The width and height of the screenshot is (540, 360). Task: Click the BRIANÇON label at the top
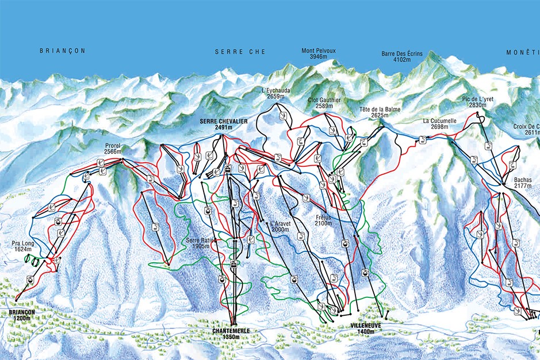[62, 51]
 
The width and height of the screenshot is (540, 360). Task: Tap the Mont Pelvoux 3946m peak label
[318, 54]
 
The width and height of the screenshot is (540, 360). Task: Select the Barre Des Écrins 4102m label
[401, 56]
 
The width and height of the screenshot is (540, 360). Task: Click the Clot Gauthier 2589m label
[324, 103]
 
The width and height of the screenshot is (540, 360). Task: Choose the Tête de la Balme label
[379, 112]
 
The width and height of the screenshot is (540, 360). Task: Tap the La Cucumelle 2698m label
[439, 124]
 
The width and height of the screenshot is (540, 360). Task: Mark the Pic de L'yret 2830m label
[478, 102]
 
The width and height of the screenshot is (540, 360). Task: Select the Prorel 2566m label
[113, 149]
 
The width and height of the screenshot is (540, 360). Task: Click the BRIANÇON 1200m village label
[22, 315]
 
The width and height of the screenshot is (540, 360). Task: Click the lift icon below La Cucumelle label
[423, 139]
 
